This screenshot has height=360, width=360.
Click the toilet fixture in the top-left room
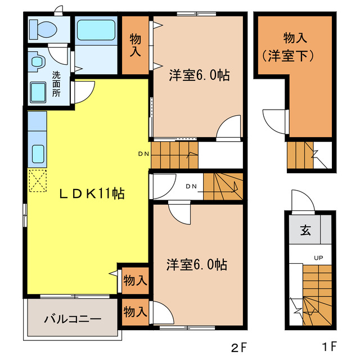43,30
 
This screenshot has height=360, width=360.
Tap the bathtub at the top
96,30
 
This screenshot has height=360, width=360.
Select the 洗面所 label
56,84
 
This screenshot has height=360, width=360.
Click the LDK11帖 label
92,194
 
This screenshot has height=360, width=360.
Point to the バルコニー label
73,319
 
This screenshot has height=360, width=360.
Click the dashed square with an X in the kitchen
38,181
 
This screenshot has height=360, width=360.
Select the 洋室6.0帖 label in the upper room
199,75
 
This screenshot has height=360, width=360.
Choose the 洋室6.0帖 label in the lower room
197,265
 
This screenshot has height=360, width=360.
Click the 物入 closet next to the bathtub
135,45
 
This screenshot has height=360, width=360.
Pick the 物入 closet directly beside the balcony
135,312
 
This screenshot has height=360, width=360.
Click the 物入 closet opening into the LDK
135,281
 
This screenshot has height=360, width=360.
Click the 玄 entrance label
305,229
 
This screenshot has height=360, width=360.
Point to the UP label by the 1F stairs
318,258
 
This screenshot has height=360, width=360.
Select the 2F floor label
239,347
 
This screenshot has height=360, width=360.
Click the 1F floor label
330,346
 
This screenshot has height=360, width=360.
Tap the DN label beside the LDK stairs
143,154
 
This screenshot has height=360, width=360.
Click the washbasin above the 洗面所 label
37,61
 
